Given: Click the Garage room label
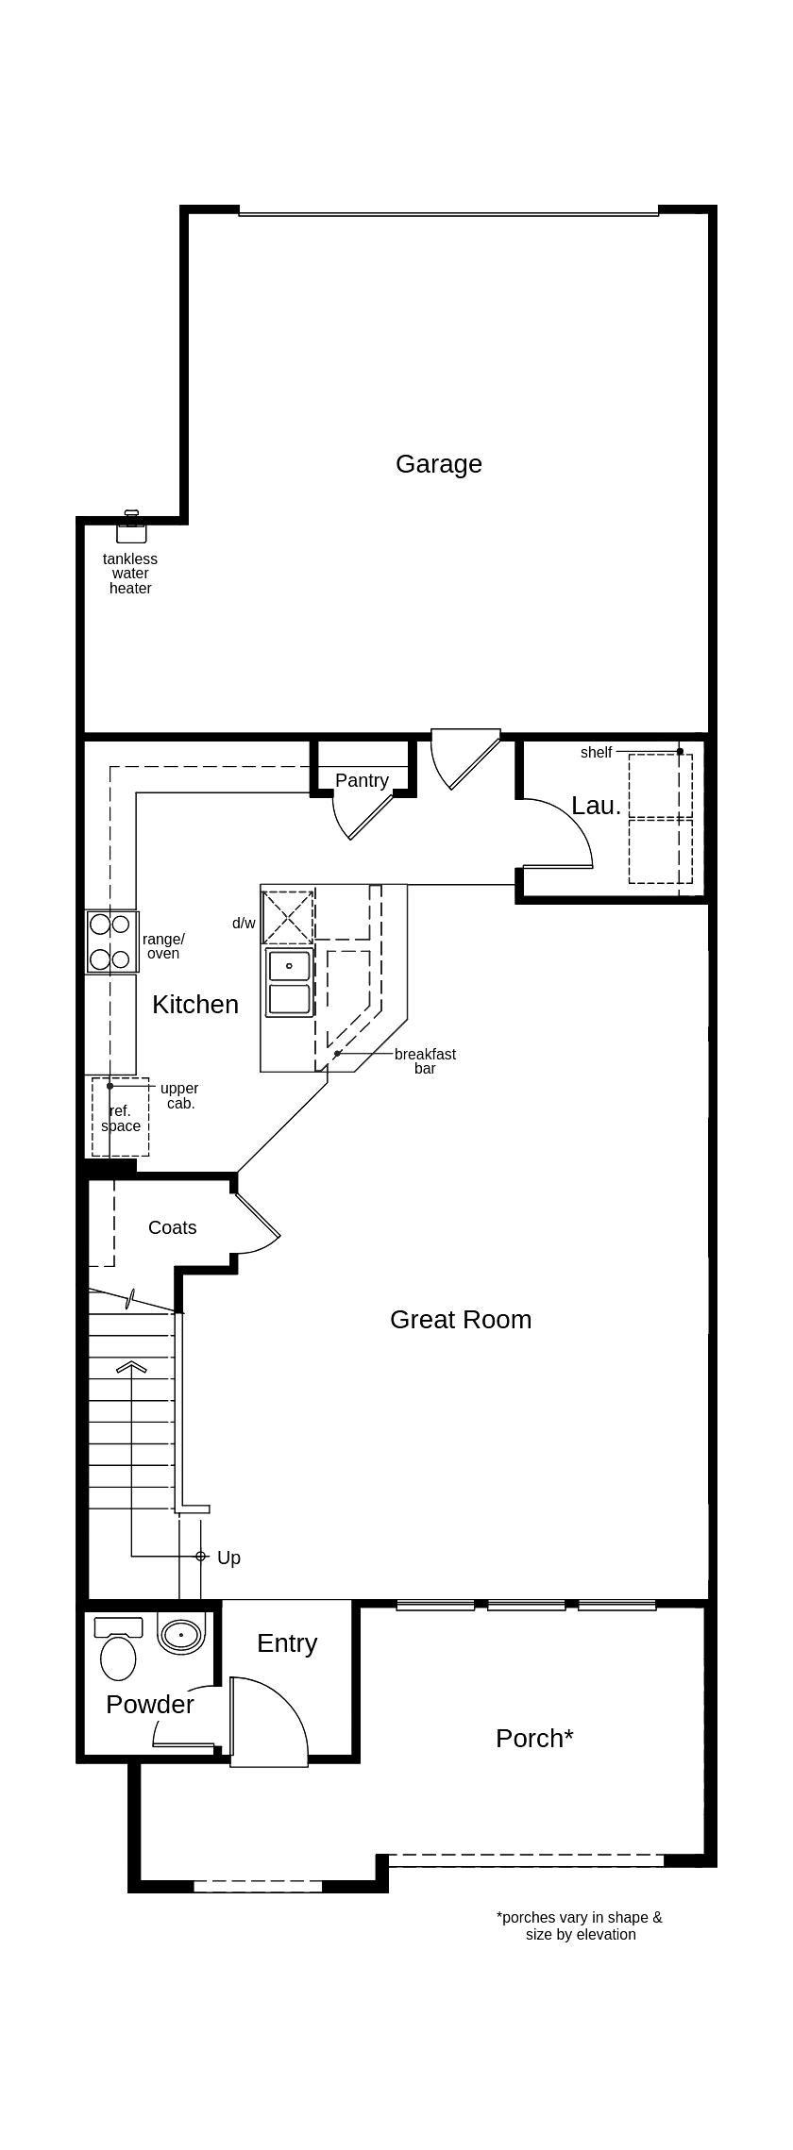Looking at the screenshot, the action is (439, 464).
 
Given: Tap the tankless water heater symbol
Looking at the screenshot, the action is (131, 526).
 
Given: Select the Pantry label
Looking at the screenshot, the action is (362, 780).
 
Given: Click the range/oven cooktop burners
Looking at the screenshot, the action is (112, 942).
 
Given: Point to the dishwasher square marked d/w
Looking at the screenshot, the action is (288, 916).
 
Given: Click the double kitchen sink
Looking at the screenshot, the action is (289, 982).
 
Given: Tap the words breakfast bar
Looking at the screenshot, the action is (425, 1061).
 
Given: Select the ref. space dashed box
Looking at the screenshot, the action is (120, 1117).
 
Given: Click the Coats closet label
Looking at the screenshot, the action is (173, 1227).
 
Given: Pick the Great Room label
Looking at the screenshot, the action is (461, 1319).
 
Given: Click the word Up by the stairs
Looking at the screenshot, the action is (228, 1558).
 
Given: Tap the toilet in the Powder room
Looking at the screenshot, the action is (118, 1650).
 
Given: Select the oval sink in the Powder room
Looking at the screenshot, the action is (180, 1635).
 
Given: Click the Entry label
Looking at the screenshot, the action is (287, 1642).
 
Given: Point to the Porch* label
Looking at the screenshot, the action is (534, 1738).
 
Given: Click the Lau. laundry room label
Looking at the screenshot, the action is (597, 805).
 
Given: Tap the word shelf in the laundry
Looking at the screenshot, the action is (596, 752).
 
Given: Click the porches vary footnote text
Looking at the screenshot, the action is (580, 1925).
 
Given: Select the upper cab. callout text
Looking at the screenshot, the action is (179, 1095).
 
